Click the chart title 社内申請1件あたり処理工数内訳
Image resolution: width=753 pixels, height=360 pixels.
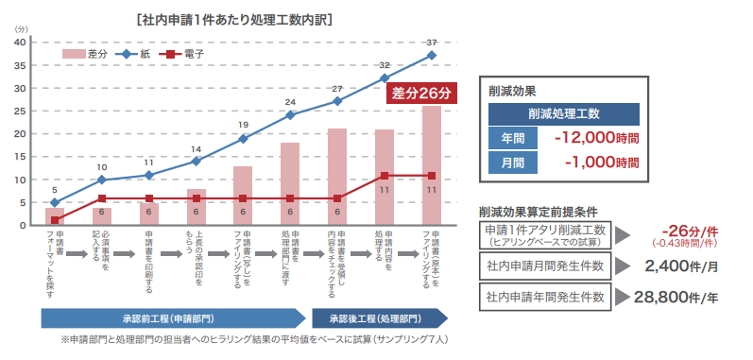pyautogui.click(x=235, y=21)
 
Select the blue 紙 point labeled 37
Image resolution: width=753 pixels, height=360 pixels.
pyautogui.click(x=431, y=56)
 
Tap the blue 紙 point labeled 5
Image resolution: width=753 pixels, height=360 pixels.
pyautogui.click(x=55, y=202)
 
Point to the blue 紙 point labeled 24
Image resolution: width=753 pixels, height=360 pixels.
pyautogui.click(x=290, y=115)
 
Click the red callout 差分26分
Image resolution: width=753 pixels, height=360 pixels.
pyautogui.click(x=421, y=94)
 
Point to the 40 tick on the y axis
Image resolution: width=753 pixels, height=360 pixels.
pyautogui.click(x=22, y=43)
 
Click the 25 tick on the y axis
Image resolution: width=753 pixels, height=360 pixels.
pyautogui.click(x=22, y=111)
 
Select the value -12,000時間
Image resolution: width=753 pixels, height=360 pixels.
pyautogui.click(x=596, y=139)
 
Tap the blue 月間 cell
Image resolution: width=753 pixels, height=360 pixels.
pyautogui.click(x=513, y=163)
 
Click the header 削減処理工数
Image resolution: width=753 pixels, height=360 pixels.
pyautogui.click(x=564, y=114)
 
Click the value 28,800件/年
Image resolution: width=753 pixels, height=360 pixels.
pyautogui.click(x=676, y=297)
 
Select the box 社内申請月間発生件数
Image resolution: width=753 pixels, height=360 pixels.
pyautogui.click(x=545, y=266)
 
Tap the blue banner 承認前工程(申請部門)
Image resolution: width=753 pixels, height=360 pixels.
pyautogui.click(x=173, y=318)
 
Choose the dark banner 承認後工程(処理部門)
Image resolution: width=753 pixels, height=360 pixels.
pyautogui.click(x=380, y=318)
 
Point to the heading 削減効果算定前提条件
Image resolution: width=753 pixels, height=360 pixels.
pyautogui.click(x=539, y=212)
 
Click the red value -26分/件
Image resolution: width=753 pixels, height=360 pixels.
pyautogui.click(x=690, y=231)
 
